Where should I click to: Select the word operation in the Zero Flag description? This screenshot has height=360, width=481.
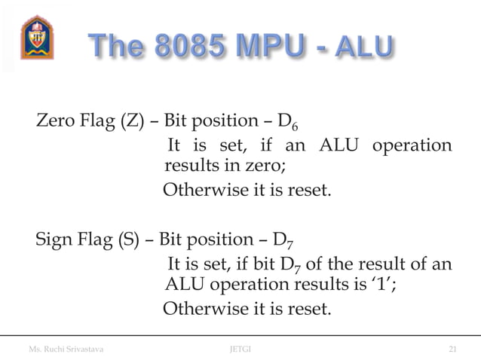click(x=409, y=145)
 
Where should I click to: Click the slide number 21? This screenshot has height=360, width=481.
click(x=452, y=349)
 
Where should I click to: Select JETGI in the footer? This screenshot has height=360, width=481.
click(x=240, y=349)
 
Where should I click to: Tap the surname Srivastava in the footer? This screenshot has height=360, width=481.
click(x=82, y=349)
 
